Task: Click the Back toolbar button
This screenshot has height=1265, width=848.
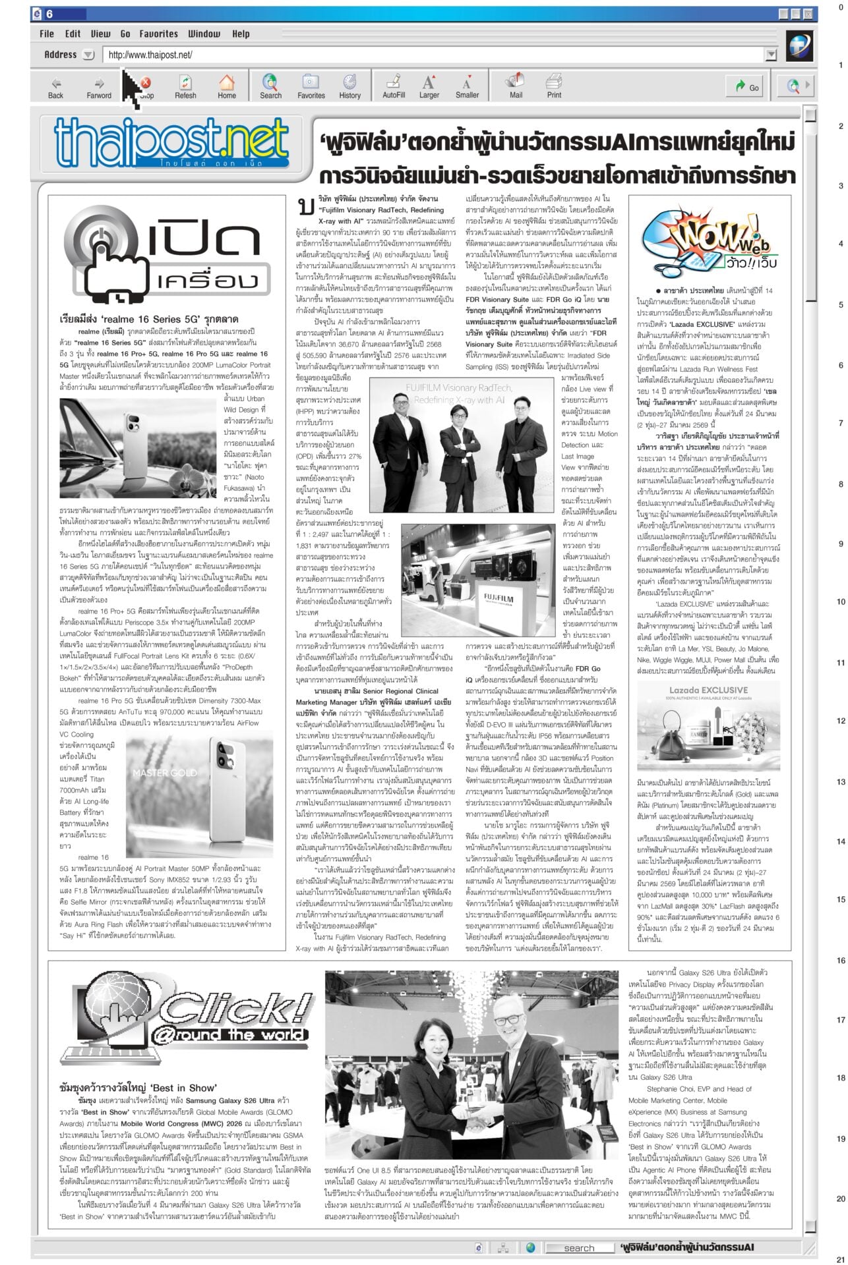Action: (56, 87)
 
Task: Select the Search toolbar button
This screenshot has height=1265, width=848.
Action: (270, 87)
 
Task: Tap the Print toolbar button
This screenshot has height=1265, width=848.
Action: (554, 87)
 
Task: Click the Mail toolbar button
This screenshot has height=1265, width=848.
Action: (516, 87)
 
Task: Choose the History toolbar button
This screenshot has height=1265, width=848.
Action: (349, 87)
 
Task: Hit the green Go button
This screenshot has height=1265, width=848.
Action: (744, 87)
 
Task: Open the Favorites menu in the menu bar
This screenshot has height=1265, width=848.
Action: (158, 34)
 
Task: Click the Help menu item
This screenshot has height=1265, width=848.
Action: (241, 34)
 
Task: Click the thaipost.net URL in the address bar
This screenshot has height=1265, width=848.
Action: (150, 55)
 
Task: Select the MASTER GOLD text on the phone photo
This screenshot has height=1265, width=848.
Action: (165, 772)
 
